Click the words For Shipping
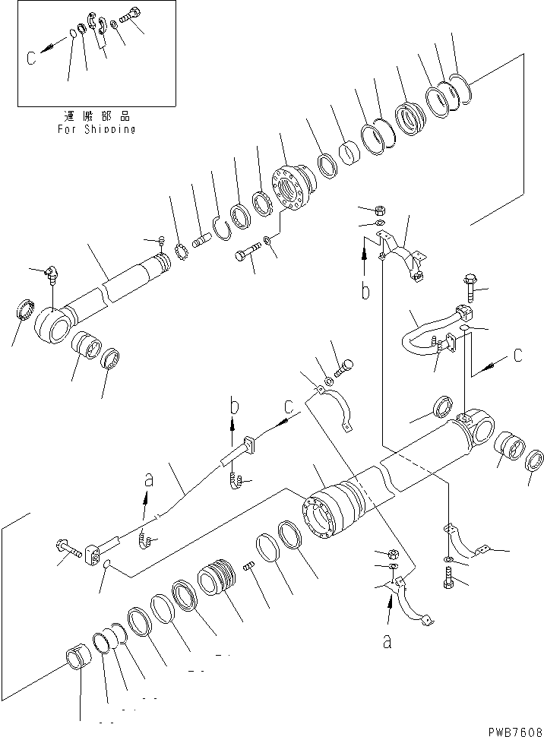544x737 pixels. [x=96, y=129]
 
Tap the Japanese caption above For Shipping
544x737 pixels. [x=97, y=117]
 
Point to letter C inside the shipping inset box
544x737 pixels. [x=31, y=58]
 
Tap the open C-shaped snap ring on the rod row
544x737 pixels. [x=221, y=226]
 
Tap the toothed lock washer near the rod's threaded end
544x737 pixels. [x=182, y=250]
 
